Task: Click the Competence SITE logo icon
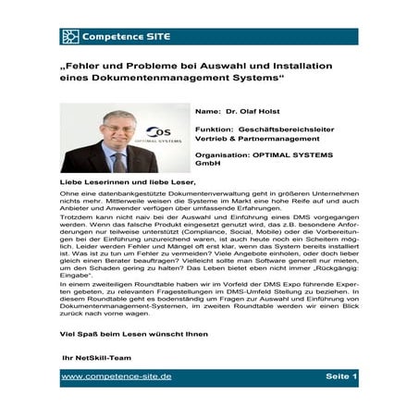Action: point(70,37)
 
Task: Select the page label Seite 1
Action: point(341,377)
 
